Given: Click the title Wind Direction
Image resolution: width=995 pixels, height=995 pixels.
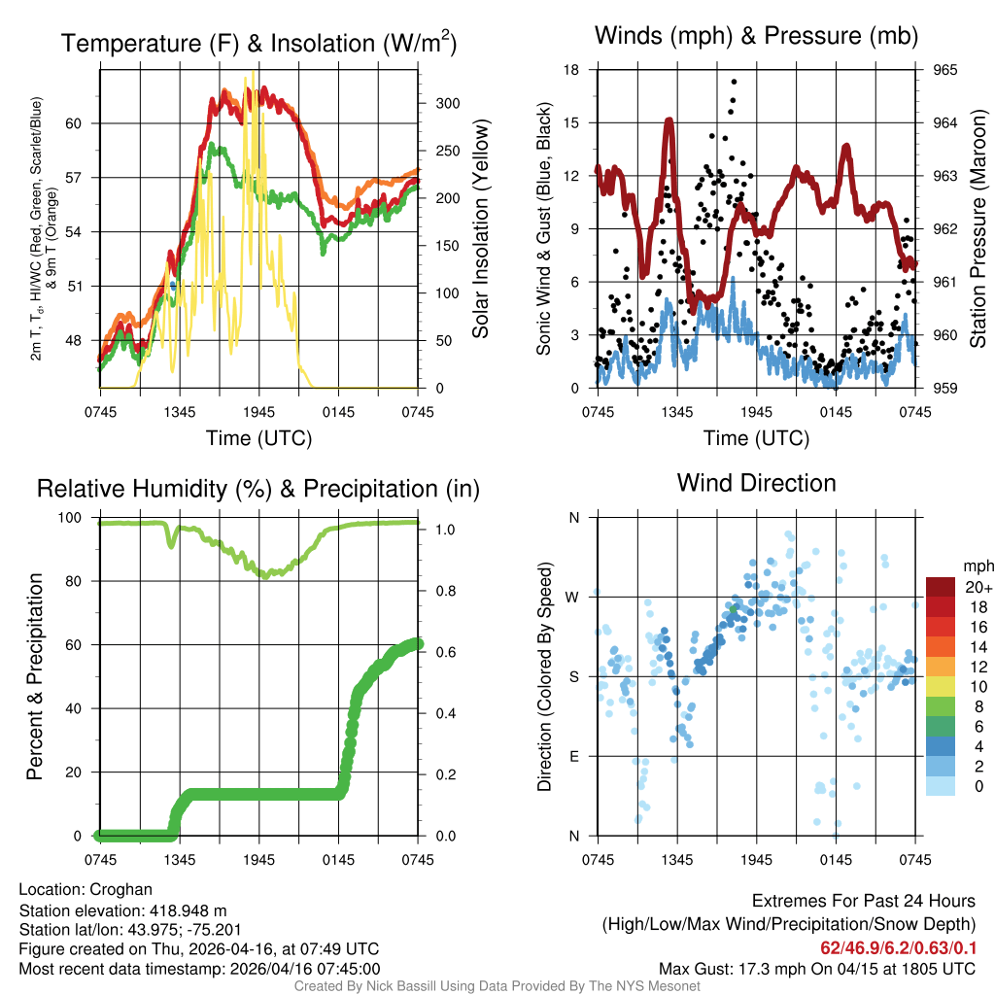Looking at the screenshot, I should pos(756,483).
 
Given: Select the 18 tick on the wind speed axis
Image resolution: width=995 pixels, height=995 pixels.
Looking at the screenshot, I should pos(572,70).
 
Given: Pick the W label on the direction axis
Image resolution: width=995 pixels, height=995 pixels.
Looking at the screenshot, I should pos(573,597).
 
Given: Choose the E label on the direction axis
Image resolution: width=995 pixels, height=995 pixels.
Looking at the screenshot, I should pos(573,756).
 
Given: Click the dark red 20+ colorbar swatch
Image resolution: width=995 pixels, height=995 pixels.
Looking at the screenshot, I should pos(940,587).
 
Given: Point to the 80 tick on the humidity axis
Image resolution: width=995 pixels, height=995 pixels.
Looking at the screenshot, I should pos(81,581).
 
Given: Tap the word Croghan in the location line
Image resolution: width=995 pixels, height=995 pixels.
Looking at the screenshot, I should pos(121,889).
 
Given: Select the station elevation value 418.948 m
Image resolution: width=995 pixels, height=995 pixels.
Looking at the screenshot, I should pos(187,910).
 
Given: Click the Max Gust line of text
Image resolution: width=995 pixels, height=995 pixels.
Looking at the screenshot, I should pos(817,968).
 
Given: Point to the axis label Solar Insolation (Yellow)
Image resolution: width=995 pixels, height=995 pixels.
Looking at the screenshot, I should pos(480,229).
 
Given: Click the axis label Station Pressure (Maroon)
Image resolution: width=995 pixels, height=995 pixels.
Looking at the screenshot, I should pos(978,229).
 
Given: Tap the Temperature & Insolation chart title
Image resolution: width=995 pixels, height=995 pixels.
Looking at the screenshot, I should pos(258,43).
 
